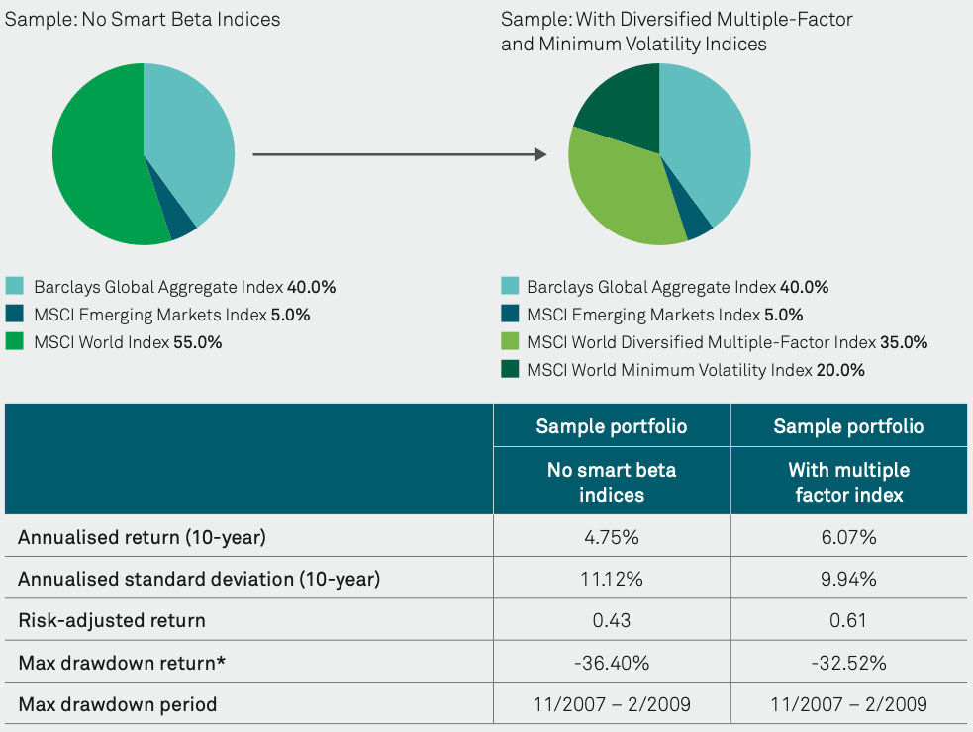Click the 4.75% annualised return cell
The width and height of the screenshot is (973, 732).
(612, 537)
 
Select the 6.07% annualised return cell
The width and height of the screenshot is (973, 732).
(848, 537)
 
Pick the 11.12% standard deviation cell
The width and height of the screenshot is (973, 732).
(612, 579)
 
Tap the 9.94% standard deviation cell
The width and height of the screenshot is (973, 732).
(848, 579)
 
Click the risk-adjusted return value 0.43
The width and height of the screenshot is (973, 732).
(612, 620)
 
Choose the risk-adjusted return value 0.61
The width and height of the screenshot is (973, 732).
(848, 620)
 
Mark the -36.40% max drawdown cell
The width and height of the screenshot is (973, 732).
(612, 663)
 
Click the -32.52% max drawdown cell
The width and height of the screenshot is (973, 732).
(848, 663)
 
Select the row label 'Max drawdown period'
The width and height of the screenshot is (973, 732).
(118, 704)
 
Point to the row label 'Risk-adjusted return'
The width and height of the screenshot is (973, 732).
(112, 620)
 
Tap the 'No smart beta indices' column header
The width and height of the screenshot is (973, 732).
(612, 481)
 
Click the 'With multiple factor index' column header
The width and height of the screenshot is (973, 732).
(848, 481)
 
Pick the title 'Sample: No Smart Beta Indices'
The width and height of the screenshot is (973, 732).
(143, 19)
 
